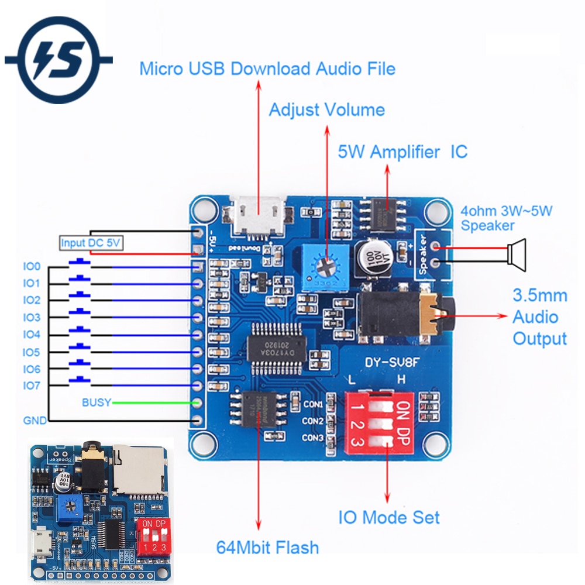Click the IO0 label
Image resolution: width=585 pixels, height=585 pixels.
point(32,267)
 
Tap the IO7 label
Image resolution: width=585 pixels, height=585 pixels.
point(32,386)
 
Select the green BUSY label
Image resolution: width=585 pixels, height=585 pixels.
point(95,402)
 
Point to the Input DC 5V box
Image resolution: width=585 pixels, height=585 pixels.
point(92,243)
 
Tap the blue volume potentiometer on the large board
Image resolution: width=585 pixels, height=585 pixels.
point(326,266)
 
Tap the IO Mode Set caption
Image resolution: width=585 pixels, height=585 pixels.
point(389,517)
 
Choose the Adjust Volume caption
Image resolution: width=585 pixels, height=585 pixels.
point(326,109)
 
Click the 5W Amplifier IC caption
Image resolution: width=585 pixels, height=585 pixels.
point(402,152)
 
